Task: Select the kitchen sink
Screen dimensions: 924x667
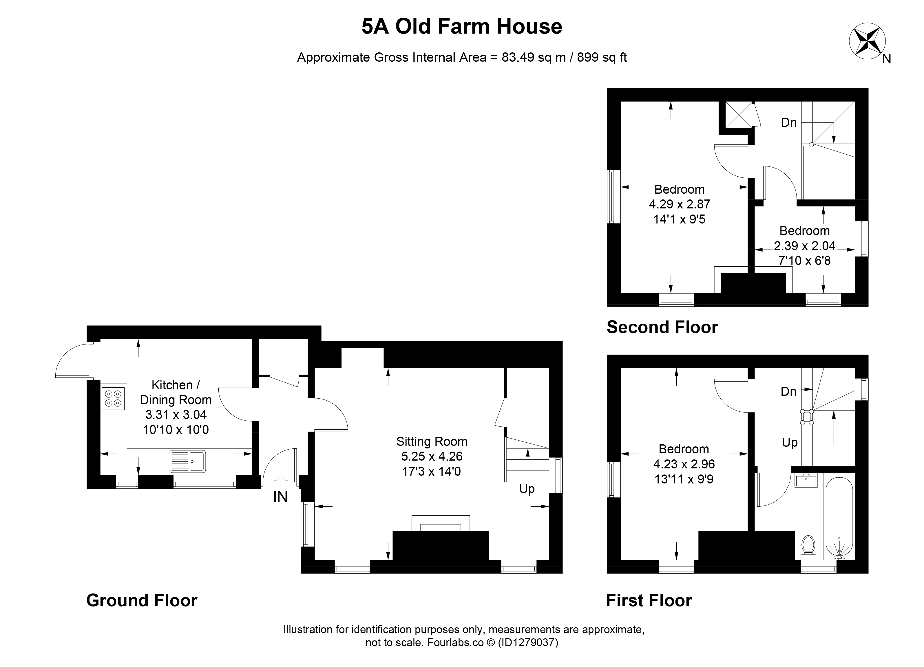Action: pyautogui.click(x=188, y=461)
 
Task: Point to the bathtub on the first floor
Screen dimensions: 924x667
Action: pyautogui.click(x=839, y=516)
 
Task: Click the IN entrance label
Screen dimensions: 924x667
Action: pyautogui.click(x=280, y=497)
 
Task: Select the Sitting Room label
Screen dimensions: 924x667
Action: pyautogui.click(x=432, y=441)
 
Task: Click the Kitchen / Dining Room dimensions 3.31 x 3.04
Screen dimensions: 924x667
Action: pyautogui.click(x=176, y=415)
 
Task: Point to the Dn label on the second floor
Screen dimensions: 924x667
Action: pyautogui.click(x=789, y=122)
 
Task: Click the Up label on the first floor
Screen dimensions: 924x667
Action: pyautogui.click(x=790, y=443)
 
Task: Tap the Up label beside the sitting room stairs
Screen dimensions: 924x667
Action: pyautogui.click(x=527, y=489)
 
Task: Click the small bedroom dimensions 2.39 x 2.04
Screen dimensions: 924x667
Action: pyautogui.click(x=805, y=245)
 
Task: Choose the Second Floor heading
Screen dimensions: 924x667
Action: pyautogui.click(x=662, y=327)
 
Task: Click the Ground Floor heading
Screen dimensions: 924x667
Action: pyautogui.click(x=142, y=600)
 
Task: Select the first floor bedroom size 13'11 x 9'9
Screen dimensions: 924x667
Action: pyautogui.click(x=684, y=479)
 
